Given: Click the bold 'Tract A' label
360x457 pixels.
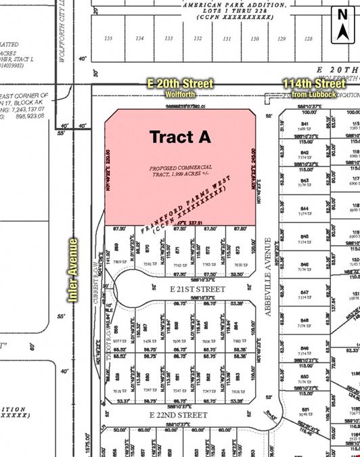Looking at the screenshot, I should tap(180, 136).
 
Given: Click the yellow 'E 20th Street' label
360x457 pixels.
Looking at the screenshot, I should tap(180, 83).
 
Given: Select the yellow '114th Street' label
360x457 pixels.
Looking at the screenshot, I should tap(313, 84).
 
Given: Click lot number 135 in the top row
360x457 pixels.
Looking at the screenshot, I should tap(108, 39).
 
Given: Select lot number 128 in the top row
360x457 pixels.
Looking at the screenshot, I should tap(309, 39).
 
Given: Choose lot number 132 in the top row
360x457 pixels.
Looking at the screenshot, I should tap(198, 39).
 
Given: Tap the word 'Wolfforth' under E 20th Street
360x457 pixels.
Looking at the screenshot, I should tap(180, 94).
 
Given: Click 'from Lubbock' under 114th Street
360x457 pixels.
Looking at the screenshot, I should tap(313, 94).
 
